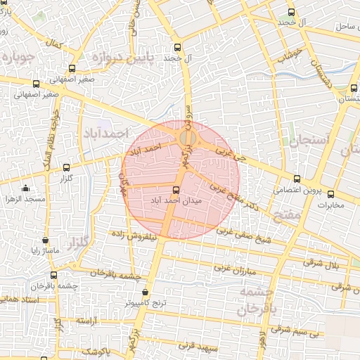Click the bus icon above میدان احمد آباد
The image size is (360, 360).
pyautogui.click(x=176, y=190)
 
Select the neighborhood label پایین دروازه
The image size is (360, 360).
pyautogui.click(x=103, y=57)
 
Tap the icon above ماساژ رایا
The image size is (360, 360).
pyautogui.click(x=46, y=240)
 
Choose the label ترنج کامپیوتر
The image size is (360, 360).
pyautogui.click(x=145, y=302)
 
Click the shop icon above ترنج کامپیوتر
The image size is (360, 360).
pyautogui.click(x=145, y=292)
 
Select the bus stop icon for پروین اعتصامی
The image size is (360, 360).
pyautogui.click(x=297, y=179)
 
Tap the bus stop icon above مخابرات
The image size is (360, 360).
pyautogui.click(x=330, y=195)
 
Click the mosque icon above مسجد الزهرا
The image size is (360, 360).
pyautogui.click(x=26, y=188)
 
